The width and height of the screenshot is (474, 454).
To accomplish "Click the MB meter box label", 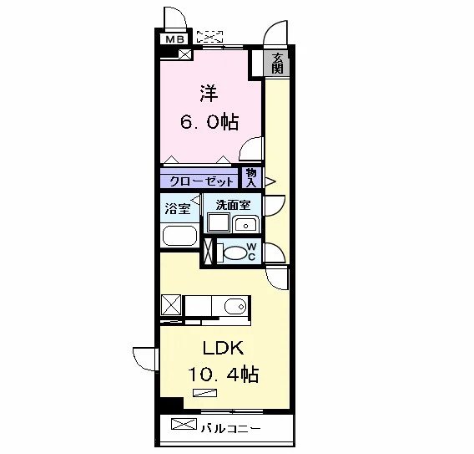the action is [174, 39].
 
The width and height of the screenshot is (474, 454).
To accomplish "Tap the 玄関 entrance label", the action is [277, 64].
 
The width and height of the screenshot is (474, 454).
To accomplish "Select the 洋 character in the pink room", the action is [209, 94].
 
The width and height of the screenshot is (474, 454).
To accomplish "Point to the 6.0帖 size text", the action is [209, 122].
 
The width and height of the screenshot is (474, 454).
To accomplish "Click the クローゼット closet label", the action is [202, 181].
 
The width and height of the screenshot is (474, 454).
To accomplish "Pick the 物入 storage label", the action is [251, 178].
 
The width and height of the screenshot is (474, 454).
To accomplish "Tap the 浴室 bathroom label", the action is [178, 209].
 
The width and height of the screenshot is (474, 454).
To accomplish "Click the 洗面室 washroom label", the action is [233, 205].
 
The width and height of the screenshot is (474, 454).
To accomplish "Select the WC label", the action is [251, 252].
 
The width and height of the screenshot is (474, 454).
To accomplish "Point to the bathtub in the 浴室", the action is [180, 236].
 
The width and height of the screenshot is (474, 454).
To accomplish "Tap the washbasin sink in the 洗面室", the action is [246, 224].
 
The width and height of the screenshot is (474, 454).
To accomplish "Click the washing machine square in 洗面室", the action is [219, 222].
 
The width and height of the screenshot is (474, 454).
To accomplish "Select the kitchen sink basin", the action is [235, 307].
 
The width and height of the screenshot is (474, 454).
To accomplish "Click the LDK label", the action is [224, 348].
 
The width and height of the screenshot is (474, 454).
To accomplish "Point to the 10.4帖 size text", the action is [224, 375].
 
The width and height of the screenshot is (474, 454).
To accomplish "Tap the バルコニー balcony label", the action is [231, 429].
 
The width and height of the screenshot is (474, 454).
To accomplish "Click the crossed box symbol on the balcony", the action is [184, 424].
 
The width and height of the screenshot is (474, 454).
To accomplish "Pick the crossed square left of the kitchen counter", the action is [171, 305].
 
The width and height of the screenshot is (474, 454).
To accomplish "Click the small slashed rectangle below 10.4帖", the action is [205, 393].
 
